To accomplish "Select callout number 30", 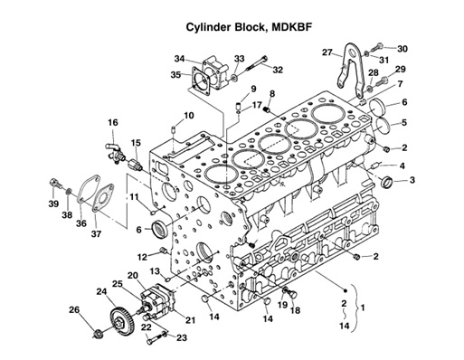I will click(x=402, y=48).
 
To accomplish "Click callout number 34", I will click(x=180, y=59).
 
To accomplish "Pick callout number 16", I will click(x=113, y=122).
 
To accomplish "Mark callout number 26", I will click(x=74, y=310).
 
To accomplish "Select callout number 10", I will click(x=189, y=116).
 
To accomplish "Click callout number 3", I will click(x=412, y=181).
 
